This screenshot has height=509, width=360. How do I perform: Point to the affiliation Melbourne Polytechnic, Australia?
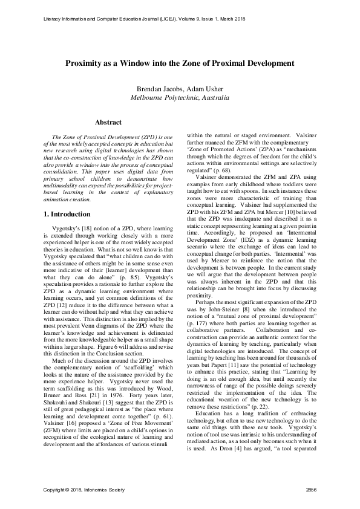(180, 97)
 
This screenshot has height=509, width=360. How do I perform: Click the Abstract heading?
(109, 122)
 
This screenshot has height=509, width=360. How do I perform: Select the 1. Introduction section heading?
(68, 214)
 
